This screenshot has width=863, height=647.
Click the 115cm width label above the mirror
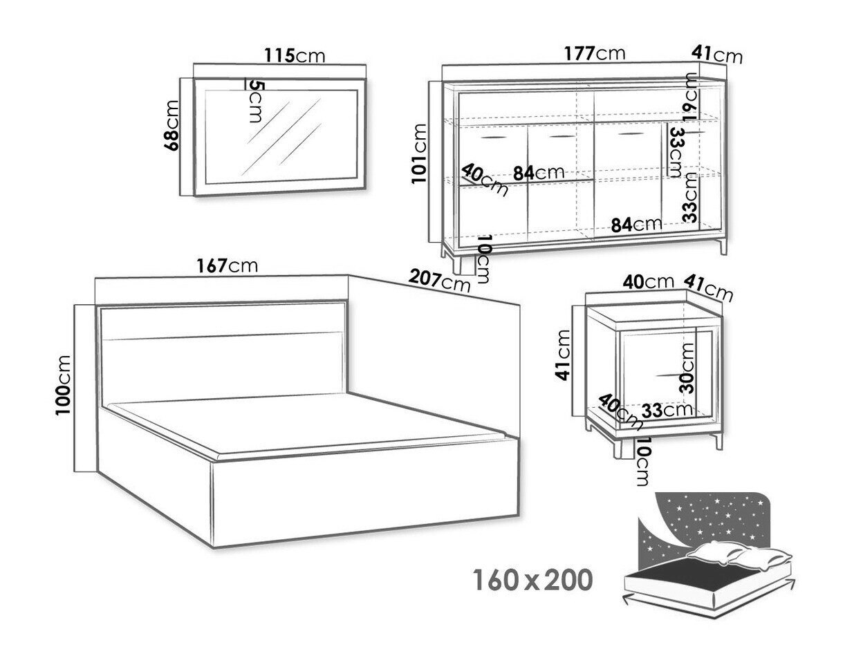(x=295, y=55)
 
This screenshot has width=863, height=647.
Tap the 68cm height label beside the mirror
(x=171, y=126)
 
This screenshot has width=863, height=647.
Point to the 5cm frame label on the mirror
(x=257, y=102)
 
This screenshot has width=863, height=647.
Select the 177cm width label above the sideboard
(x=595, y=53)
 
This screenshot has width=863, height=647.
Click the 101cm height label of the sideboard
(x=419, y=153)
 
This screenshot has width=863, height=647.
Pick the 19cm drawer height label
(x=689, y=97)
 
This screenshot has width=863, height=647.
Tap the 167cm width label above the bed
(x=228, y=266)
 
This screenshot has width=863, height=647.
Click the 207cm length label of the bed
(x=439, y=281)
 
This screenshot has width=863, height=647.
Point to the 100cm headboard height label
(x=63, y=385)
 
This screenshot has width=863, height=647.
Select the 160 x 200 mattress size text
(x=532, y=580)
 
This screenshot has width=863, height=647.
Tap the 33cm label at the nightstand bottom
(x=667, y=411)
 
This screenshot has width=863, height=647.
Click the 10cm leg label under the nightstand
(x=641, y=462)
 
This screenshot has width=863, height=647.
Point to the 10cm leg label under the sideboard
(x=483, y=259)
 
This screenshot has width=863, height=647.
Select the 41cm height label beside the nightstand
(x=563, y=355)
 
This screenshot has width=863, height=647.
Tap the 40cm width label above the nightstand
(x=649, y=282)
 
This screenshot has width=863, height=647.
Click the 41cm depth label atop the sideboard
(x=716, y=55)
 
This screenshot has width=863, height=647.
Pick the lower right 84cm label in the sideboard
(x=636, y=225)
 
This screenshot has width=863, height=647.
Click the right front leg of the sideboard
(x=723, y=246)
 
